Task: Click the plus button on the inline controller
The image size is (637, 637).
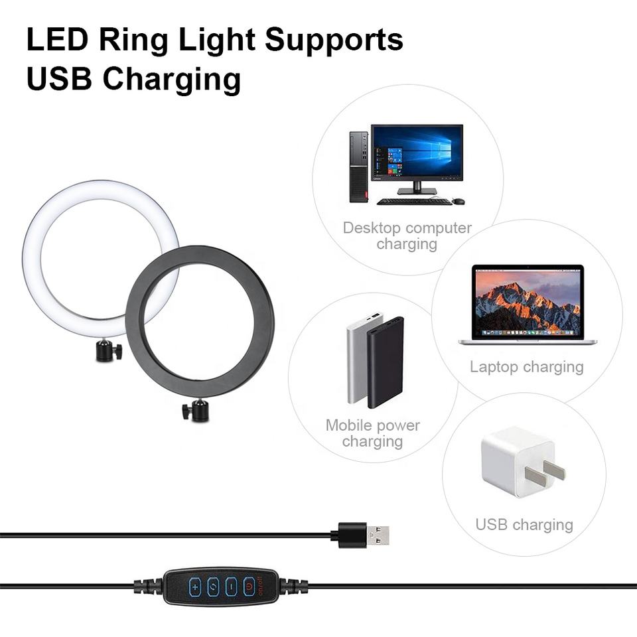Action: click(194, 587)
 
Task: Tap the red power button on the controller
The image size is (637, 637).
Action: click(249, 587)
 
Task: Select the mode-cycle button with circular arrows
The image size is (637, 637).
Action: click(213, 587)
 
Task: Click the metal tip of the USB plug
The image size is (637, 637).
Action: click(378, 535)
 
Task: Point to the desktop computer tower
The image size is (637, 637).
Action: click(358, 167)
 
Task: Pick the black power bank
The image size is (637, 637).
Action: click(385, 362)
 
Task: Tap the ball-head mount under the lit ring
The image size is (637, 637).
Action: click(107, 350)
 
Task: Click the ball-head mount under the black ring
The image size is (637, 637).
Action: click(196, 411)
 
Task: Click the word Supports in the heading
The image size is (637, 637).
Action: click(334, 40)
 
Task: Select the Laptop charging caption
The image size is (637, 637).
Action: click(526, 367)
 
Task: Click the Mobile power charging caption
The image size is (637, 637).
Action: click(372, 433)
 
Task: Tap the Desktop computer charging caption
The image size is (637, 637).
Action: click(407, 236)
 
